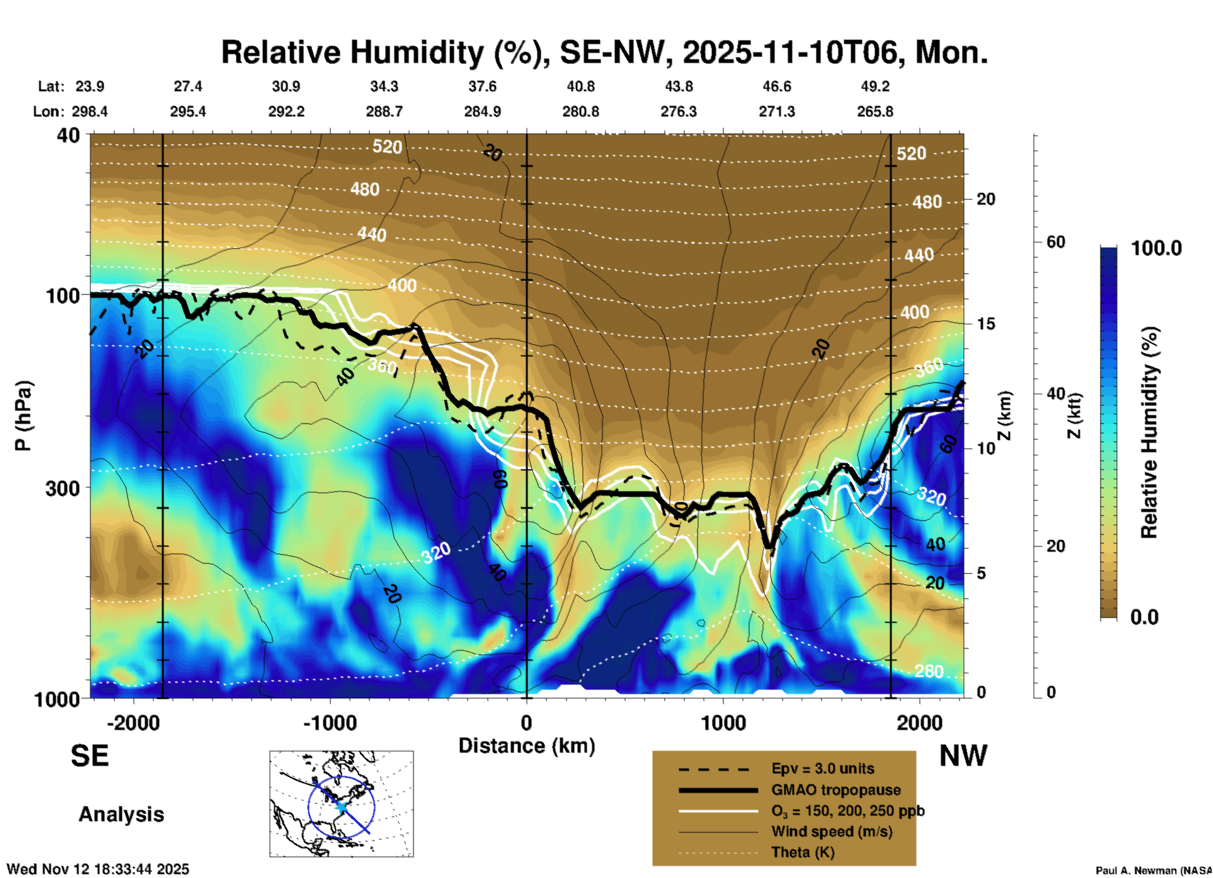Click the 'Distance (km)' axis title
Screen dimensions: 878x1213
click(527, 746)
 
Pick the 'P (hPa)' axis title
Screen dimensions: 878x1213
click(23, 416)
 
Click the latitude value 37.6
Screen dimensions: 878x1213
click(482, 86)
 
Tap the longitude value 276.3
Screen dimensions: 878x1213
click(678, 111)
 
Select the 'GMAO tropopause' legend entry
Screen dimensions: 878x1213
click(836, 790)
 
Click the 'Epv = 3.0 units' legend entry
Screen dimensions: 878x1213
click(823, 768)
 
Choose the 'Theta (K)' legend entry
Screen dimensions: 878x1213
click(802, 852)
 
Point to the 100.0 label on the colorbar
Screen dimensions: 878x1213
click(1156, 248)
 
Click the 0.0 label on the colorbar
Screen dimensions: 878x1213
click(1144, 617)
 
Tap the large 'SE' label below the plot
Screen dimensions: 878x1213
click(89, 756)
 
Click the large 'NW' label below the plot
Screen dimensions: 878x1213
click(963, 756)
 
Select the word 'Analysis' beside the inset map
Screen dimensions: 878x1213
click(121, 814)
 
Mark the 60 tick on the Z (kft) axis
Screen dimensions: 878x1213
click(1056, 242)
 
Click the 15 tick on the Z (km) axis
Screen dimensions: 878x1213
click(986, 324)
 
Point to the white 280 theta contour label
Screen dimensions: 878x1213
click(928, 671)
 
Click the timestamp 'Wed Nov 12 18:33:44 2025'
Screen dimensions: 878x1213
click(98, 869)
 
